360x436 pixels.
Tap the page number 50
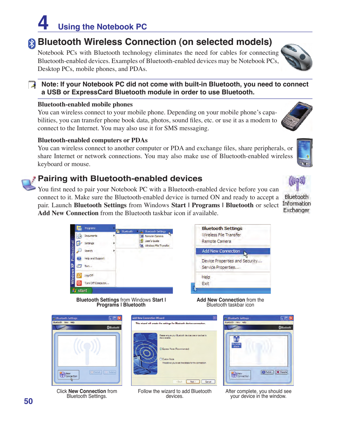click(x=28, y=401)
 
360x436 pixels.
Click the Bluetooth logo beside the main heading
click(x=32, y=44)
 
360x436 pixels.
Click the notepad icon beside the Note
click(x=32, y=85)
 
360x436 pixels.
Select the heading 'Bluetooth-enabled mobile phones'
click(x=85, y=105)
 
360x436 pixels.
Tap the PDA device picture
click(x=304, y=153)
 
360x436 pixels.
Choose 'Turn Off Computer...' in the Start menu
click(x=96, y=283)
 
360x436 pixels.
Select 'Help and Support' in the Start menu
click(x=94, y=259)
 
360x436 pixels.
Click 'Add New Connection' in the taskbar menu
click(x=221, y=251)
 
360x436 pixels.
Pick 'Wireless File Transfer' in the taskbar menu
click(x=221, y=235)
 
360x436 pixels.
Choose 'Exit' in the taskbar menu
click(x=205, y=283)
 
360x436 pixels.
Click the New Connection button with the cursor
click(x=69, y=375)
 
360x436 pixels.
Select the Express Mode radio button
click(x=160, y=349)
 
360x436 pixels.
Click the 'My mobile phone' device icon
click(x=236, y=342)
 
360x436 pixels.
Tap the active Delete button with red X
click(x=281, y=372)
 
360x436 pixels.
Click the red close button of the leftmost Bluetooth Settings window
click(x=119, y=318)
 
